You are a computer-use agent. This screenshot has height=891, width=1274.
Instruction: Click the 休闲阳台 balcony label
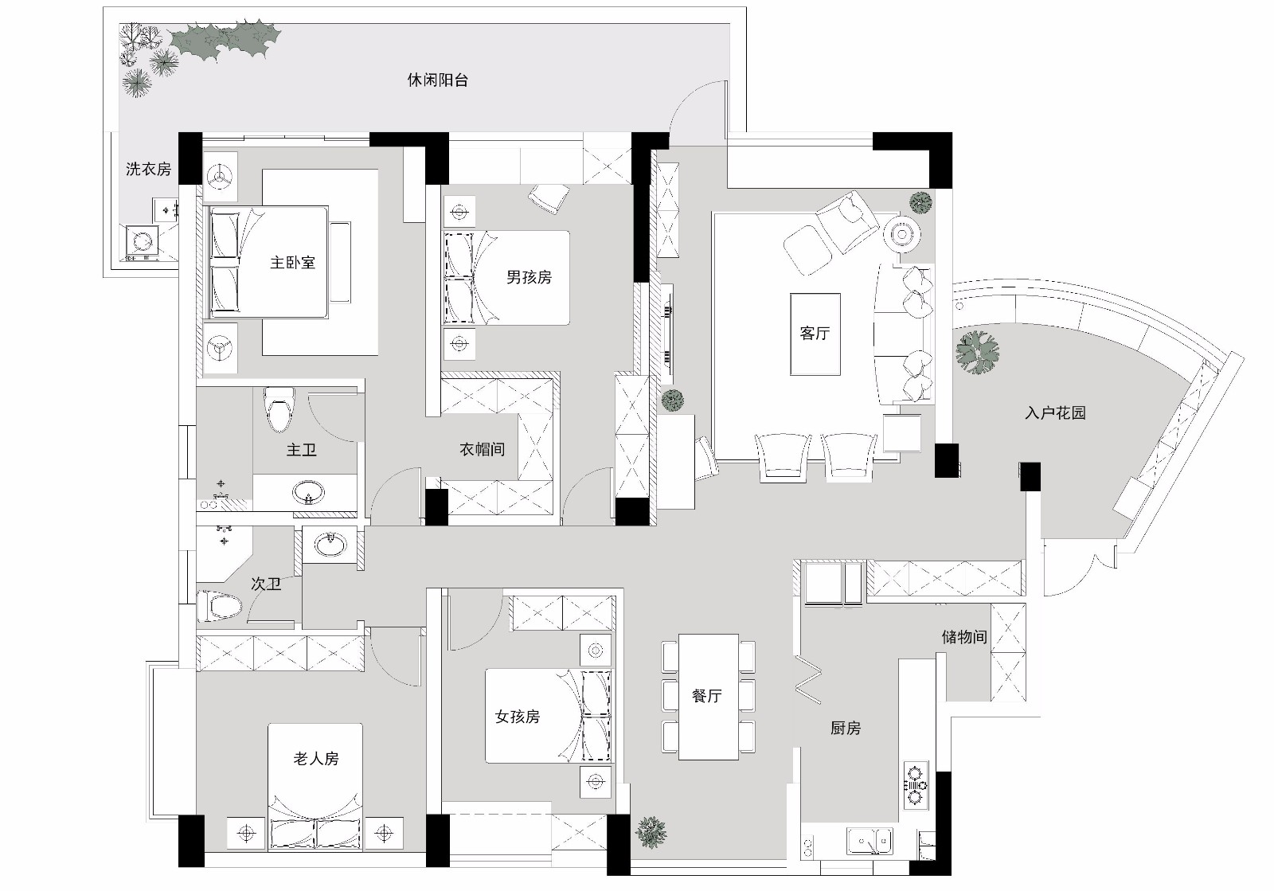pos(437,80)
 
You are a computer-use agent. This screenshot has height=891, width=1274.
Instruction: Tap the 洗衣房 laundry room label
pos(148,169)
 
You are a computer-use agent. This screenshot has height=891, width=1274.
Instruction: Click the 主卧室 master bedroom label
pos(292,262)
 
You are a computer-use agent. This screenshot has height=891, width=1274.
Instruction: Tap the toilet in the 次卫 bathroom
pos(219,607)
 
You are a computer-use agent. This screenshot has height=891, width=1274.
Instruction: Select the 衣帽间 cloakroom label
pos(482,449)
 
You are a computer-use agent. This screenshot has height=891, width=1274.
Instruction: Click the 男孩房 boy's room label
pos(529,277)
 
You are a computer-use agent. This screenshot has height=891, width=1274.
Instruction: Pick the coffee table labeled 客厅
pos(815,334)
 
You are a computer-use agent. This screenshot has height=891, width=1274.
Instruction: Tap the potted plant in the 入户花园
pos(977,352)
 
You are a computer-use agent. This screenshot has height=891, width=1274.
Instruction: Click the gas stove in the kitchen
pos(916,784)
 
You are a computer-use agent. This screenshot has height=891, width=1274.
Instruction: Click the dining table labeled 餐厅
pos(707,696)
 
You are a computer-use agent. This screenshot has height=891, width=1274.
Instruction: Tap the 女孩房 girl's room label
pos(518,717)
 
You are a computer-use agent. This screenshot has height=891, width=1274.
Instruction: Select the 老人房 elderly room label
pos(316,759)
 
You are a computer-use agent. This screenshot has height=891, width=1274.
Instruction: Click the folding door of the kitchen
pos(808,680)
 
